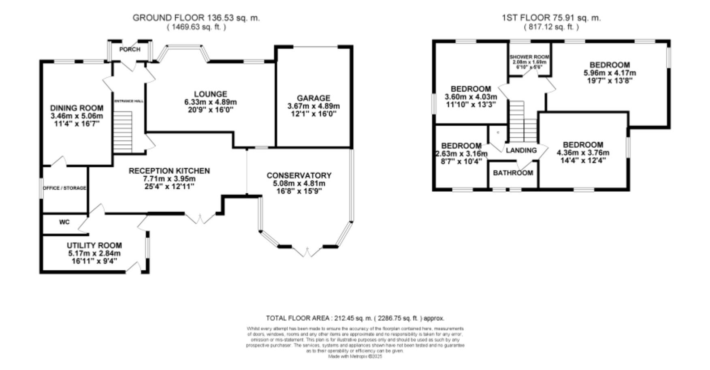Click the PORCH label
pos(130,49)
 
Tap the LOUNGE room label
pos(210,94)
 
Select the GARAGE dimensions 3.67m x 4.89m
pos(313,106)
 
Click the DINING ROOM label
pos(77,108)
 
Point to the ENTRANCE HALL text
pos(129,101)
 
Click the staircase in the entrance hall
pos(122,131)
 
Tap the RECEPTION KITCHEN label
pos(169,171)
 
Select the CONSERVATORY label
pos(299,175)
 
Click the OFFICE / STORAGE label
pos(65,188)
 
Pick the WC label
pos(64,222)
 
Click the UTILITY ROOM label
pos(94,246)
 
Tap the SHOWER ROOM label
pos(529,57)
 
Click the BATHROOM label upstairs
pos(513,173)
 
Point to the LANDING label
pos(521,150)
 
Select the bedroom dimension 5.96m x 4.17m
pos(610,73)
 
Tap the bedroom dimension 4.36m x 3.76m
pos(583,153)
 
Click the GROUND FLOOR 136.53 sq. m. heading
pos(196,18)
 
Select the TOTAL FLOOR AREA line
pos(355,318)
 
